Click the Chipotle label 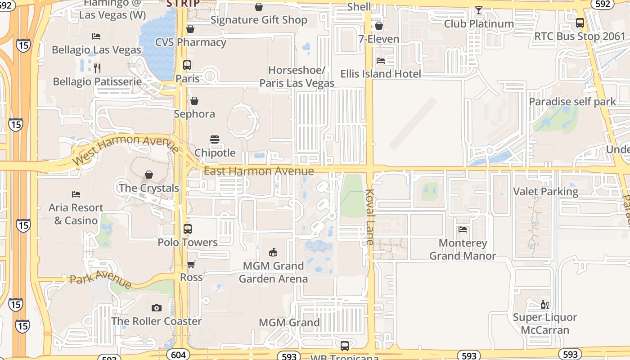click(215, 153)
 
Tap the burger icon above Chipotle click(215, 139)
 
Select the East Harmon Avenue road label click(259, 171)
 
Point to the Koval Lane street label click(370, 217)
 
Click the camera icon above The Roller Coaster click(157, 308)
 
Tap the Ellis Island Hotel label click(381, 74)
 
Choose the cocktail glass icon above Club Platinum click(478, 10)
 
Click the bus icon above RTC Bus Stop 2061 click(580, 23)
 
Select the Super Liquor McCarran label click(545, 324)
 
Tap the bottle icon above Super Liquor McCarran click(544, 305)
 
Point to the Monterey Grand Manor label click(463, 249)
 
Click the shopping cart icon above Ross click(191, 265)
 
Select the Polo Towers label click(188, 243)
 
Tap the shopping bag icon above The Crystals click(149, 175)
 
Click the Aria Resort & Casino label click(76, 214)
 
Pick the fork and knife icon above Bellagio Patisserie click(97, 68)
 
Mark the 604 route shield click(178, 355)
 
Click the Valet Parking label click(546, 192)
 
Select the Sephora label click(194, 114)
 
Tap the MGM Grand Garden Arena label click(273, 272)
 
